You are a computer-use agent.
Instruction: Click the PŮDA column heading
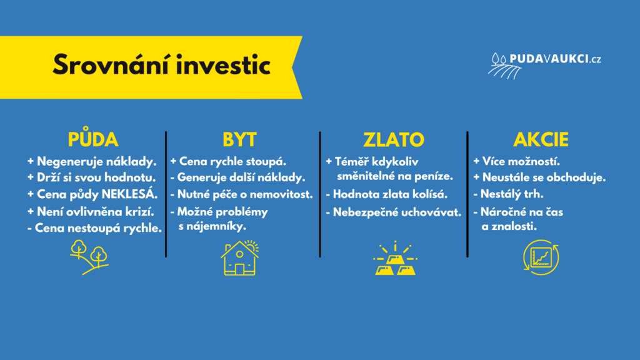coord(93,138)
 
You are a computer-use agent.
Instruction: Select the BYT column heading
coord(239,139)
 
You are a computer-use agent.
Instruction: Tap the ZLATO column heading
coord(394,139)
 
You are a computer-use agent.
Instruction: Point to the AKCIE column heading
coord(541,139)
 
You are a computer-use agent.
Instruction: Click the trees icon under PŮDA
coord(89,257)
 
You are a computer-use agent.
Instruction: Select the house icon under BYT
coord(240,257)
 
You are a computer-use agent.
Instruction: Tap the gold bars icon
coord(395,258)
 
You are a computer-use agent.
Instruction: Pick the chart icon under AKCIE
coord(541,257)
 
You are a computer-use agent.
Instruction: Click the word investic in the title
coord(224,65)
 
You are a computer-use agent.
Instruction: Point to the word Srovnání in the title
coord(111,65)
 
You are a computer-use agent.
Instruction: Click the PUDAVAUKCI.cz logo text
coord(555,59)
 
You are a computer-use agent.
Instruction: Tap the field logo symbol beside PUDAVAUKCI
coord(504,66)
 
